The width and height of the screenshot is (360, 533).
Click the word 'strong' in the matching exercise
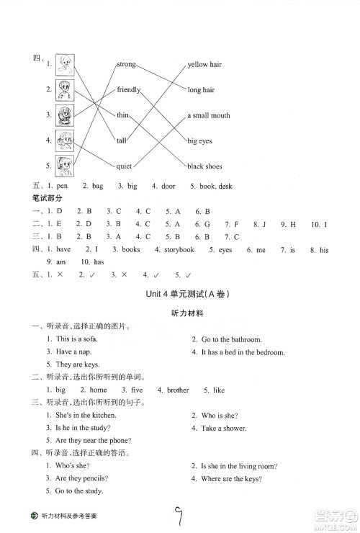pos(126,64)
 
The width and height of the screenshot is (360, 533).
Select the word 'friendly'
pos(129,90)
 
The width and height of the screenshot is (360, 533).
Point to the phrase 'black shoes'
pos(204,166)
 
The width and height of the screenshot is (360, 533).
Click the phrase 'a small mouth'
pos(209,115)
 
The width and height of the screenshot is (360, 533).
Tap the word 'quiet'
pos(124,166)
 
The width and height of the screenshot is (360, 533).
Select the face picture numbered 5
pos(65,165)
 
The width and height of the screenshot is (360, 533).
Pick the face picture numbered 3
pos(65,115)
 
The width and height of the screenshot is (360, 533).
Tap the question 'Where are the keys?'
pos(231,479)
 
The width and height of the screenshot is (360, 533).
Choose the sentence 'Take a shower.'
pos(223,428)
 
